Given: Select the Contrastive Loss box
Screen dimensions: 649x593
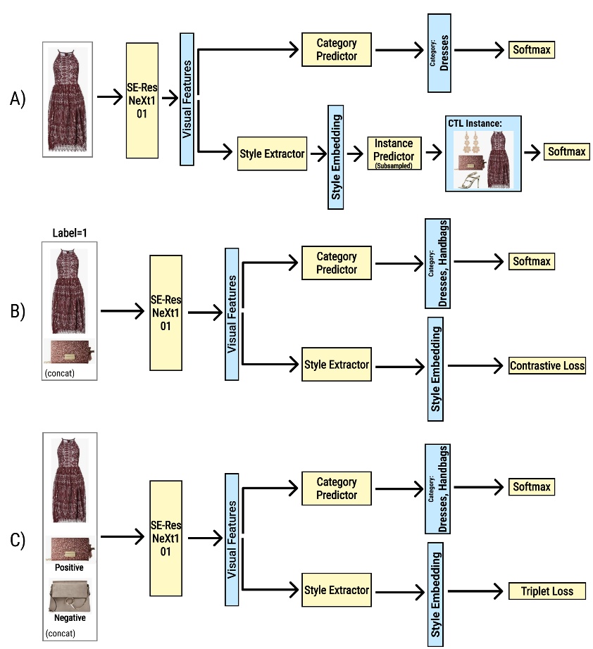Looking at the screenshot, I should coord(547,365).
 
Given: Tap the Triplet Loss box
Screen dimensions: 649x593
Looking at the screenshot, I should coord(547,591).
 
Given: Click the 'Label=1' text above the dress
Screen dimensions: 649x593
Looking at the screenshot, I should coord(68,233).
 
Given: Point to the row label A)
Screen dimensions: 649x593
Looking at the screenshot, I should coord(18,99).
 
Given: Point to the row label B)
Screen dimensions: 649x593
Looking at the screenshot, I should coord(18,310).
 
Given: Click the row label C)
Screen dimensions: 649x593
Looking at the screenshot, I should coord(18,540).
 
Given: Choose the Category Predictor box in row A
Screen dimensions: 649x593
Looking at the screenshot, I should coord(337,50).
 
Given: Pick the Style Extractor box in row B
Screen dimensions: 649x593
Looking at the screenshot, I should coord(336,365).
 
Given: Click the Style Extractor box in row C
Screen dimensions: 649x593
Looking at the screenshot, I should coord(336,590).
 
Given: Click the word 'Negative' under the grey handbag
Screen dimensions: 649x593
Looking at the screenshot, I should coord(69,617).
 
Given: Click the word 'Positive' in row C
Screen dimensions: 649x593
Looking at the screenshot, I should coord(69,567).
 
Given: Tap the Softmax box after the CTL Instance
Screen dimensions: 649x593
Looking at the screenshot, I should coord(566,151).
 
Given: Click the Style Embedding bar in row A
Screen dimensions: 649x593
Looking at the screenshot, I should coord(336,156).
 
